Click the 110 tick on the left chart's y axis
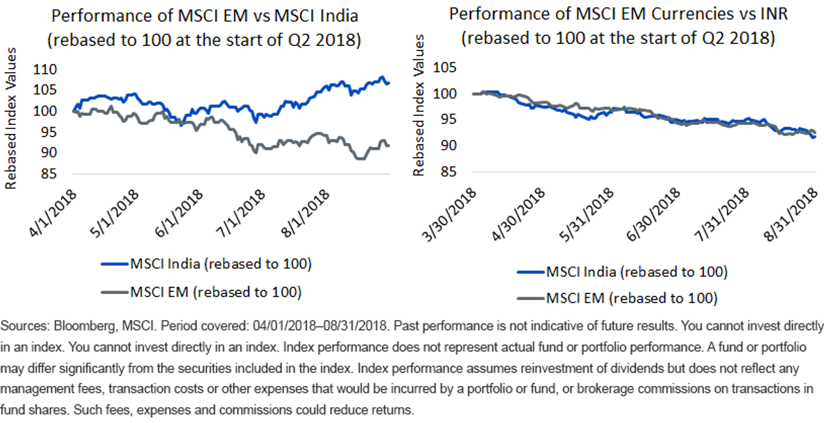[45, 69]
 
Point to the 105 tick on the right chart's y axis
[444, 67]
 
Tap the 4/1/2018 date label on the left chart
[53, 214]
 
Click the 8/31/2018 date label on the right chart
[791, 214]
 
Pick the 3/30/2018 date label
[449, 214]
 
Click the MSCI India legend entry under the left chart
[207, 264]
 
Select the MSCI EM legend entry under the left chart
[201, 292]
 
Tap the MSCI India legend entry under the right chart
[622, 272]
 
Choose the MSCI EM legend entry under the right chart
[617, 298]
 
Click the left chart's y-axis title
[11, 118]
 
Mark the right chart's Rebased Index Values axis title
[419, 106]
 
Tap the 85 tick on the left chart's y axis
[49, 174]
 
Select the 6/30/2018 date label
[653, 214]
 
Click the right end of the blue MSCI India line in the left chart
[389, 83]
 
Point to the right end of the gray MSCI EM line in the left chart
[389, 146]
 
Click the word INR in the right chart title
[774, 14]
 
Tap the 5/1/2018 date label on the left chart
[115, 214]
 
